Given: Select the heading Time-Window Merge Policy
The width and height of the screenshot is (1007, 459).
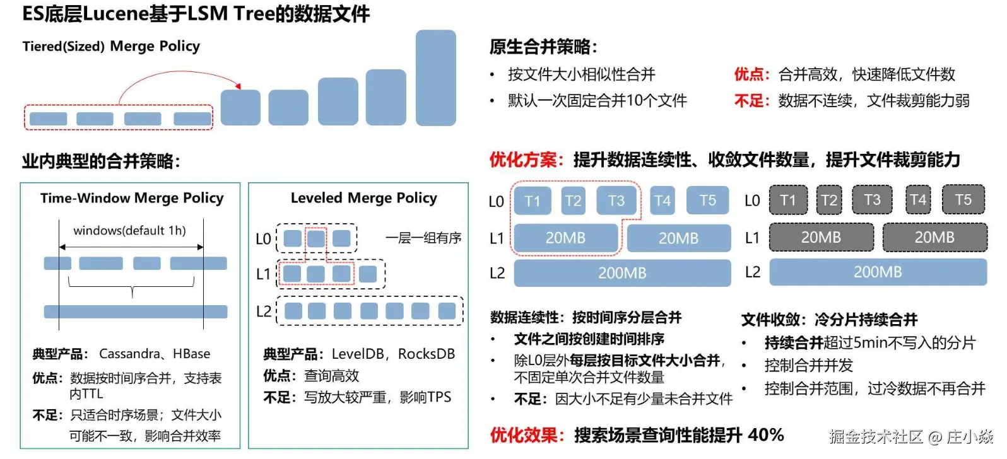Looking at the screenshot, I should (132, 198).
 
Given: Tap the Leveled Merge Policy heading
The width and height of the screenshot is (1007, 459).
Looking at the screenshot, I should (363, 198).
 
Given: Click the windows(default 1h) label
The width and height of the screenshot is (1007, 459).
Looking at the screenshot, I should (129, 231).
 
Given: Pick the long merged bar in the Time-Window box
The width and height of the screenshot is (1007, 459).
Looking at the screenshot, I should (135, 311).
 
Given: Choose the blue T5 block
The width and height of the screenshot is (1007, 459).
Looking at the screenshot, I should (707, 200).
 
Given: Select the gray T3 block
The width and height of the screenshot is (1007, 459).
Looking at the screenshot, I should (872, 200).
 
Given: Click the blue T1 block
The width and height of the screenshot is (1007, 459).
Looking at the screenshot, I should (532, 200).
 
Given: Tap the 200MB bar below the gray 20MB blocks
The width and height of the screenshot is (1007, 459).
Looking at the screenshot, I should (877, 272).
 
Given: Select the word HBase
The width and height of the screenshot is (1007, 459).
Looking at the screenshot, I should (191, 354).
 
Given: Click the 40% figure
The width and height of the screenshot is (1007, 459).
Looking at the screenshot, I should (765, 435).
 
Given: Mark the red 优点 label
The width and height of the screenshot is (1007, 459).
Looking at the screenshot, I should (749, 74).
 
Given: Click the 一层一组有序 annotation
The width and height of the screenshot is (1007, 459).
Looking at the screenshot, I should (423, 238).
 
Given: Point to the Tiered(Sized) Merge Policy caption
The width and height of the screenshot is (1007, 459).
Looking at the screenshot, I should (111, 46).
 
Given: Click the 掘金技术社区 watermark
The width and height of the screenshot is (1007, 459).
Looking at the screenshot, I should (876, 436).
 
